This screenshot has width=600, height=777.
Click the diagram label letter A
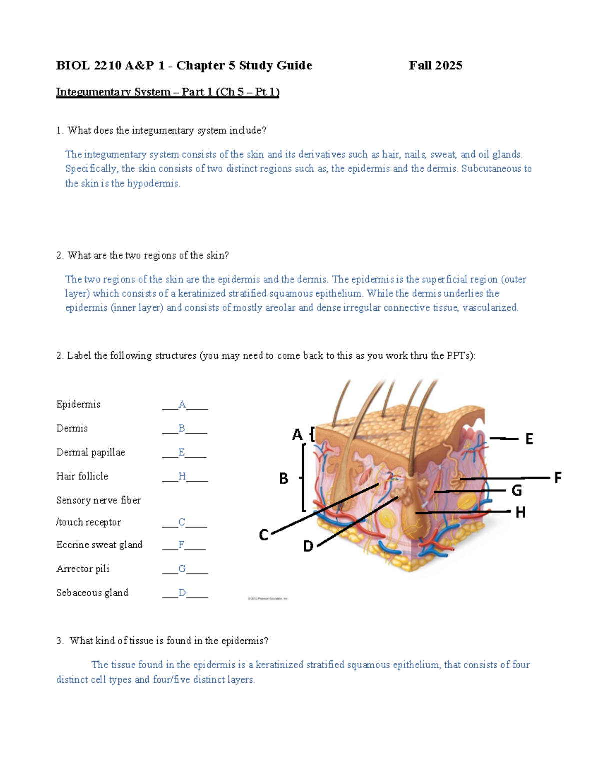(297, 434)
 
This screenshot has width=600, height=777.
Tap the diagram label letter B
(283, 479)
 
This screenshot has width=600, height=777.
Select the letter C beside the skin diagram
(264, 535)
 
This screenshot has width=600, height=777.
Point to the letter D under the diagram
(308, 546)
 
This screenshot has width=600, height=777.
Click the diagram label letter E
(529, 439)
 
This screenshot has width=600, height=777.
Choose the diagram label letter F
(558, 478)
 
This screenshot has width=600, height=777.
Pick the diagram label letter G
(517, 491)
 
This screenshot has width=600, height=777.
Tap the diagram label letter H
(520, 512)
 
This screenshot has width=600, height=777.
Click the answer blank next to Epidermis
(184, 405)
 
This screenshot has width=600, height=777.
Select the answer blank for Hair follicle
(184, 477)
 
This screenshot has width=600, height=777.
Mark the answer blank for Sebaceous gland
(184, 593)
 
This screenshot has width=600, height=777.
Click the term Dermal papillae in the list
(91, 452)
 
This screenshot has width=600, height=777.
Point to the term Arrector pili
(83, 569)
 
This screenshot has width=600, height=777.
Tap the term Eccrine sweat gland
(99, 545)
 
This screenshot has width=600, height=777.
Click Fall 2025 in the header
(435, 65)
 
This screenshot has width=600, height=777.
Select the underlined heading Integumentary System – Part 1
(167, 92)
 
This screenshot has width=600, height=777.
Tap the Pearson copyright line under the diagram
(268, 598)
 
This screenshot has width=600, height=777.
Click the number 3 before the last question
(59, 641)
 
